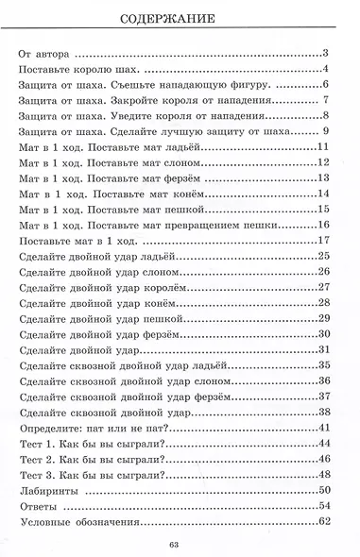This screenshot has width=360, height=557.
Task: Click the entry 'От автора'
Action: [48, 54]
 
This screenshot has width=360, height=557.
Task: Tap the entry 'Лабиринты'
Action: [58, 489]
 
